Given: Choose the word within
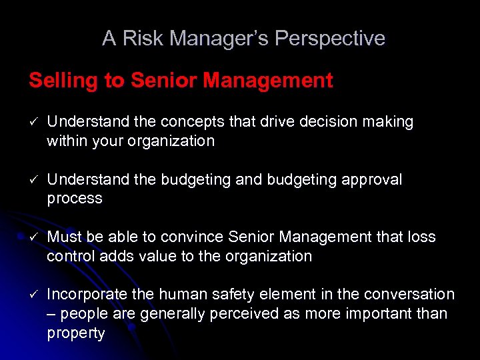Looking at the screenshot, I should coord(67,141).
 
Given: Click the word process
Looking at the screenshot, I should coord(75,199).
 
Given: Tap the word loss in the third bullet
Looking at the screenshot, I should coord(421,237).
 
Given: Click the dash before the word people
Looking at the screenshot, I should coord(51,314).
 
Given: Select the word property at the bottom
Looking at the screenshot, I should coord(76,333).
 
